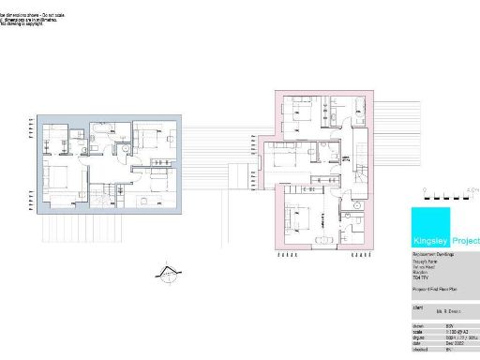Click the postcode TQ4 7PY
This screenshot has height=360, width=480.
click(x=423, y=278)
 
